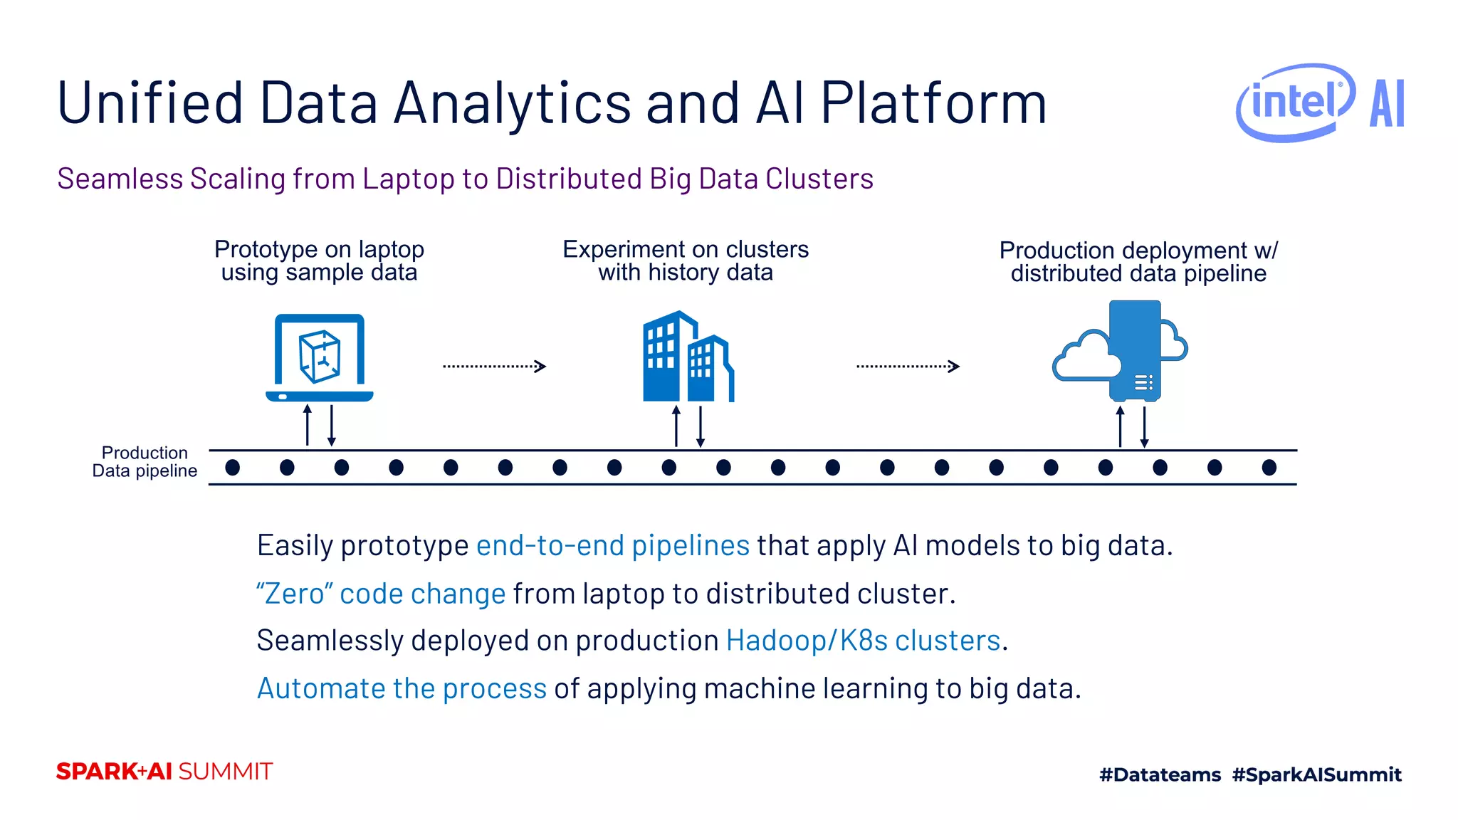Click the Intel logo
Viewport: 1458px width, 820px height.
(x=1295, y=102)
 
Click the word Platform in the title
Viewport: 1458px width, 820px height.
(x=933, y=103)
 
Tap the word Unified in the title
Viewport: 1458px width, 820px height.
(x=150, y=103)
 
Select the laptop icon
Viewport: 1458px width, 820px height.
(x=320, y=358)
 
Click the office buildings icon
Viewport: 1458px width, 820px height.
(x=688, y=357)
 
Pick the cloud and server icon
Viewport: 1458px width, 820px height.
(x=1121, y=352)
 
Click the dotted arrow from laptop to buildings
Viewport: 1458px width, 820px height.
(x=494, y=367)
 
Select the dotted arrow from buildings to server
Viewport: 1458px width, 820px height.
(x=908, y=367)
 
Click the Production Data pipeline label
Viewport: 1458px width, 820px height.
(x=145, y=462)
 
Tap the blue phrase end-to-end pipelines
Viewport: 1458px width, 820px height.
(x=612, y=546)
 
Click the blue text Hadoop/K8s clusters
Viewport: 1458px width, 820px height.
(x=863, y=641)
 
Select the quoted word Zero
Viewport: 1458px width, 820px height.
(x=294, y=594)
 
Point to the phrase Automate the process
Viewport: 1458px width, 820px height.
(x=402, y=689)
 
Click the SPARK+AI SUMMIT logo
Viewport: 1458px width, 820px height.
(x=164, y=772)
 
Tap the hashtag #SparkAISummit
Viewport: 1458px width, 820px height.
(x=1316, y=774)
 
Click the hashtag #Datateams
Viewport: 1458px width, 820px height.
(x=1160, y=774)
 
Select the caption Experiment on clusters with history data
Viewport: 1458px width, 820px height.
(x=686, y=261)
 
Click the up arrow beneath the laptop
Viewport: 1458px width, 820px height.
(x=308, y=425)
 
